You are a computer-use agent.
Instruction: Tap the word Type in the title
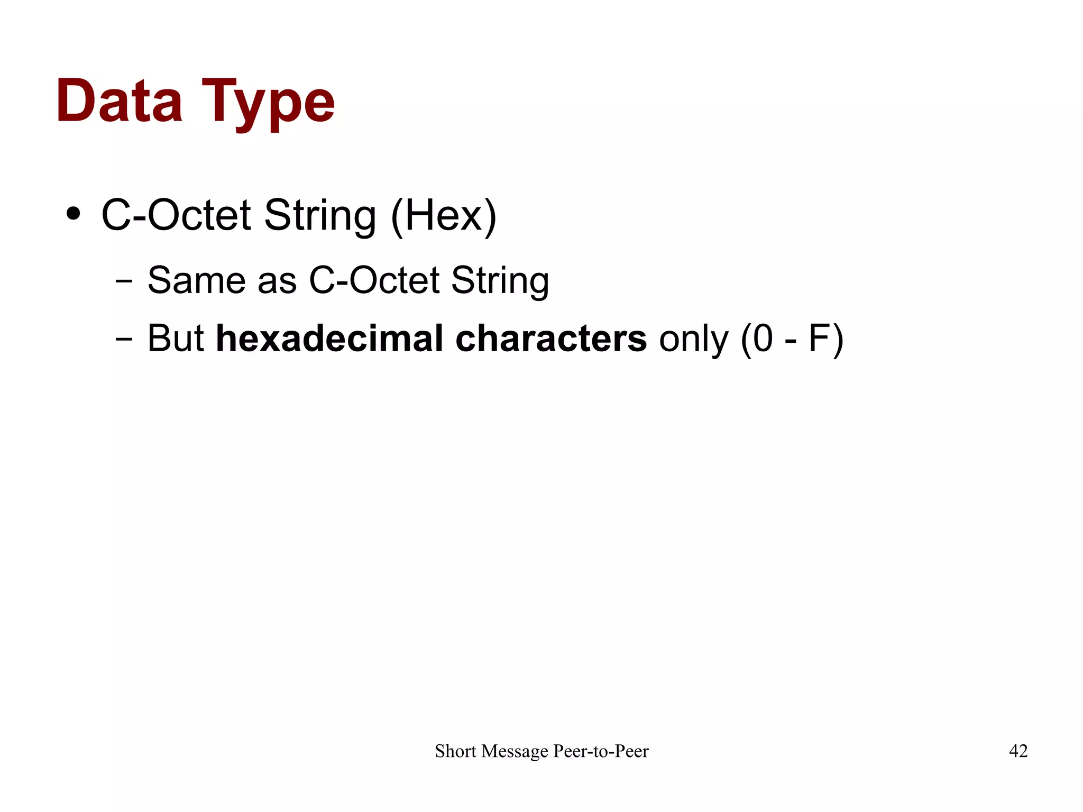click(268, 103)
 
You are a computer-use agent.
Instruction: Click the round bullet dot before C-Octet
click(74, 214)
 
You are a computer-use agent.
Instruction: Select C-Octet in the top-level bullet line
click(176, 215)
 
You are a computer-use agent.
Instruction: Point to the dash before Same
click(124, 281)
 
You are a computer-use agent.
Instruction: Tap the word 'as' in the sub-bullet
click(277, 281)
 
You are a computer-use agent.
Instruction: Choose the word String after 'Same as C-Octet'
click(500, 281)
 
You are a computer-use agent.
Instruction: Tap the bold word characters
click(550, 339)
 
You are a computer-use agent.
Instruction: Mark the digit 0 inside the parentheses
click(763, 339)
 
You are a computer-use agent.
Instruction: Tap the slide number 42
click(1018, 751)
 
